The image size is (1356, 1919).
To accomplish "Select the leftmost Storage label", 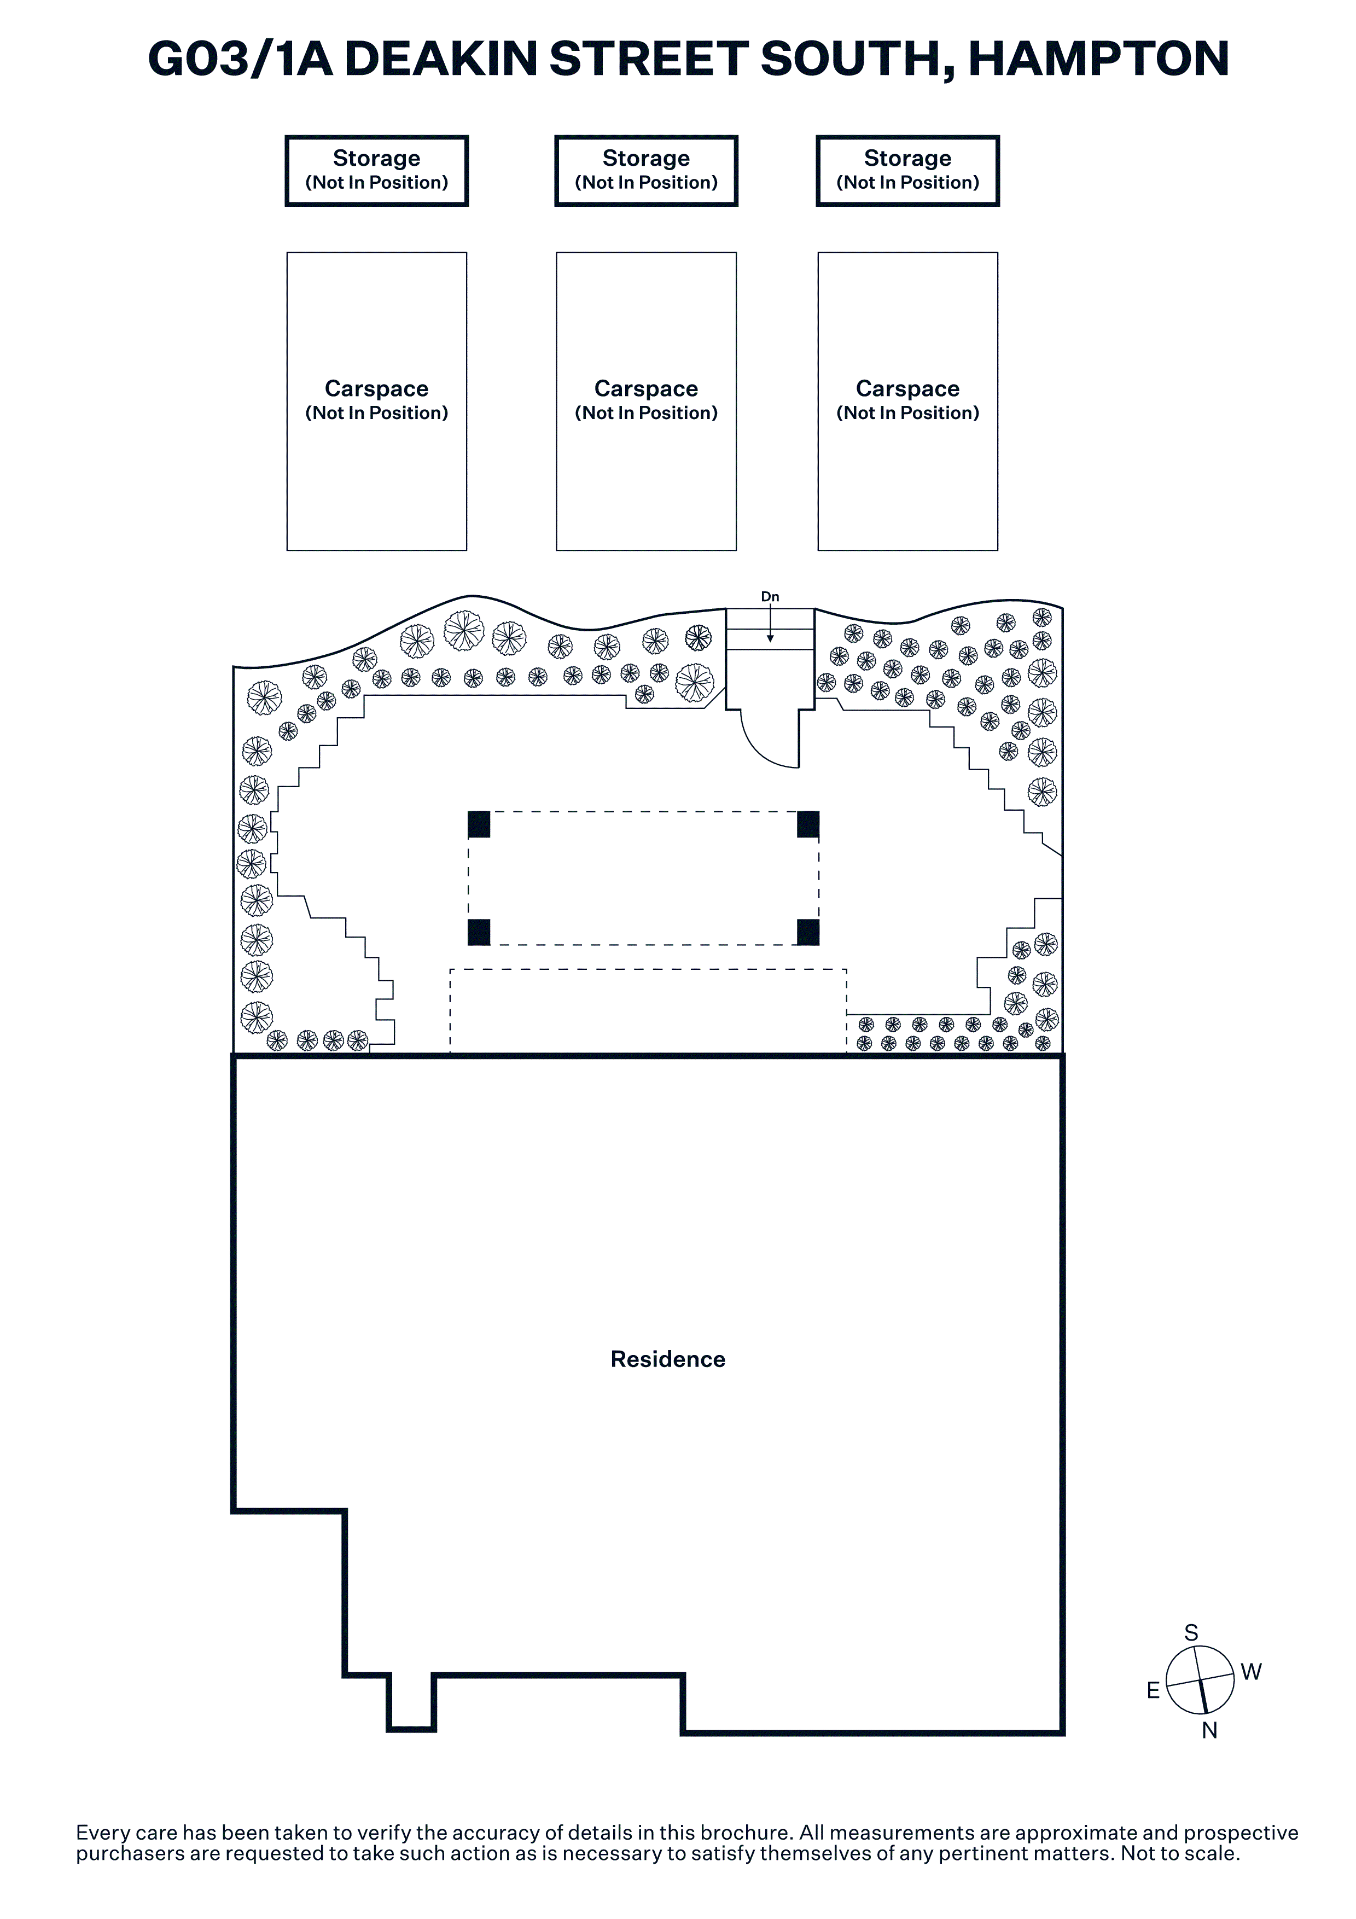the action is [x=377, y=158].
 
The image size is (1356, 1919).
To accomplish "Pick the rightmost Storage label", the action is [x=907, y=158].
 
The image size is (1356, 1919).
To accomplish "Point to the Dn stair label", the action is [x=770, y=597].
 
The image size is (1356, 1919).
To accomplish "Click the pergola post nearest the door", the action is [x=808, y=824].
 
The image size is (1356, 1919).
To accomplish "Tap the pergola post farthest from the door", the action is [x=479, y=932].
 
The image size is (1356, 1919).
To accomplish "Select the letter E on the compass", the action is [x=1153, y=1691].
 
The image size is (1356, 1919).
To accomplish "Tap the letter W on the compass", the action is [x=1251, y=1672].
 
